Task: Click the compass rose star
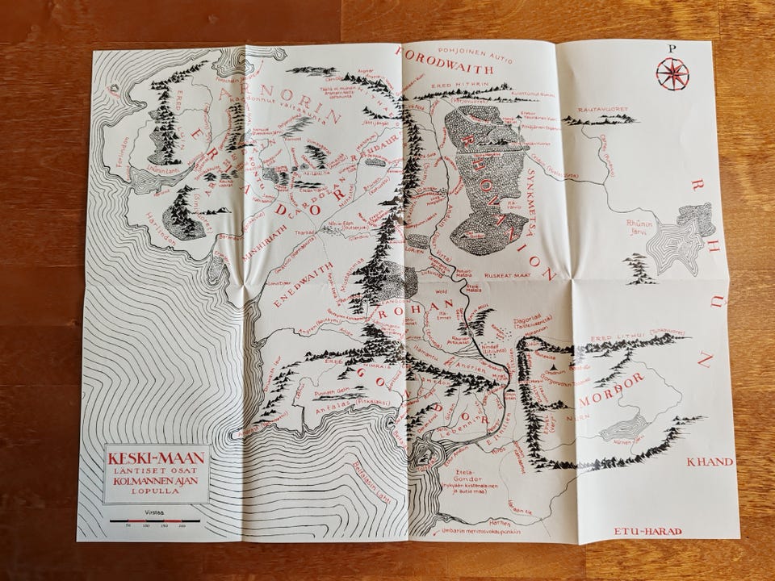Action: pyautogui.click(x=672, y=74)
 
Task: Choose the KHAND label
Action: pyautogui.click(x=708, y=462)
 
